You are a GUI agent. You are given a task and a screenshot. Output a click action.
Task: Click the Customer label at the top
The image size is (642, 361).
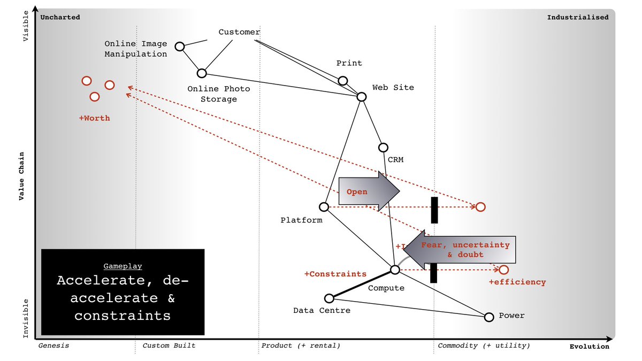point(239,32)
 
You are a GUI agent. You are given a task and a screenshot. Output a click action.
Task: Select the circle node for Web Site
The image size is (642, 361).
point(362,97)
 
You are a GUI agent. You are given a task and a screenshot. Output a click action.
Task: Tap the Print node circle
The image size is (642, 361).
point(343,81)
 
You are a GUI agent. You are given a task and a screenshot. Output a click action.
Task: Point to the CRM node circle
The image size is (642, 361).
point(383,148)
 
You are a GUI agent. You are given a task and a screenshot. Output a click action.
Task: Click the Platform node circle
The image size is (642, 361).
point(324,207)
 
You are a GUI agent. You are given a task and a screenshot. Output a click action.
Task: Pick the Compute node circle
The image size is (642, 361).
point(395,270)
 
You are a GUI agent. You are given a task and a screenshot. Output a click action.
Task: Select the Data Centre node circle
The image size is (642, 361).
point(330,298)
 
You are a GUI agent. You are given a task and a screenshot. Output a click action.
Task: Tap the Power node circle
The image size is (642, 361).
point(488,317)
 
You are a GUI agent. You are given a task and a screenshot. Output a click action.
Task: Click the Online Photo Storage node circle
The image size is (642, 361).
point(202,73)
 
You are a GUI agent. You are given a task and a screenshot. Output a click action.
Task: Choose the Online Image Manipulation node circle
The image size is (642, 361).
point(180,47)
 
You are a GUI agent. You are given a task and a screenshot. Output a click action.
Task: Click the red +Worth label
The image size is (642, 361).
point(94,118)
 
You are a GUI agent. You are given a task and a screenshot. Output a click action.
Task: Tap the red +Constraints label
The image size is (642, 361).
point(335,274)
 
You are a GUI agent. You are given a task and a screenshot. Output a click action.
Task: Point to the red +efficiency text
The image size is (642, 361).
point(517,282)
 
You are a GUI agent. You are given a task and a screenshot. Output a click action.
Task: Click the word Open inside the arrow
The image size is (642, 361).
point(357,192)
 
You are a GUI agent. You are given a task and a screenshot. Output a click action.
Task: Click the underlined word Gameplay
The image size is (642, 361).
point(123,266)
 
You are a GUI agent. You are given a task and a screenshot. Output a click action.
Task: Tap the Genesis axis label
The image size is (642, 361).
point(54,345)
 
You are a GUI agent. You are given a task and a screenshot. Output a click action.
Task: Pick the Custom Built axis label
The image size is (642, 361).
point(169,345)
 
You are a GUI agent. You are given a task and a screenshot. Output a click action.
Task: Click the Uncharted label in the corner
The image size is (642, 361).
point(60,17)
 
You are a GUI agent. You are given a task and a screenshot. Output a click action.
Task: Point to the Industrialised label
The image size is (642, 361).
point(578,17)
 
